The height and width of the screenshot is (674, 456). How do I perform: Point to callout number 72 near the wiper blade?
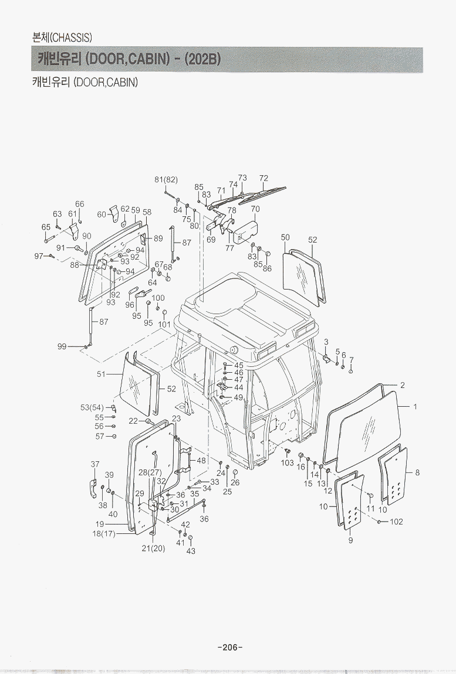(x=264, y=178)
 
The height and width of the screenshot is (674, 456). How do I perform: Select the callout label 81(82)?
(x=166, y=179)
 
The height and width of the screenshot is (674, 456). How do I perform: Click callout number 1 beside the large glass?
(x=415, y=406)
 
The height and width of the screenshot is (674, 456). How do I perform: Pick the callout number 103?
(x=287, y=463)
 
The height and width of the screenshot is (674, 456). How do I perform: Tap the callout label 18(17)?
(x=104, y=533)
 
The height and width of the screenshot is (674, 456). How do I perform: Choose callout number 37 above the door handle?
(x=95, y=464)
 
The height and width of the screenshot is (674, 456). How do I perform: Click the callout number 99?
(x=62, y=346)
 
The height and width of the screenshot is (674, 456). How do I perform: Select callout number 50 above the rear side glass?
(x=285, y=237)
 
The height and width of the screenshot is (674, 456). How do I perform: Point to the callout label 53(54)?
(x=92, y=407)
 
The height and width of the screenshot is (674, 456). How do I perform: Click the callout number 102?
(x=396, y=522)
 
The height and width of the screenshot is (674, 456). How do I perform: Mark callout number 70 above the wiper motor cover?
(x=255, y=209)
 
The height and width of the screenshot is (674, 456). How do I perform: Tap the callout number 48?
(x=201, y=461)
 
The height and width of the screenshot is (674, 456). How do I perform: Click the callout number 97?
(x=39, y=256)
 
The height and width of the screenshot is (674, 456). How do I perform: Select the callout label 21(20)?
(x=153, y=549)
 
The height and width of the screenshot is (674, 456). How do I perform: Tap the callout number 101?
(x=164, y=324)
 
